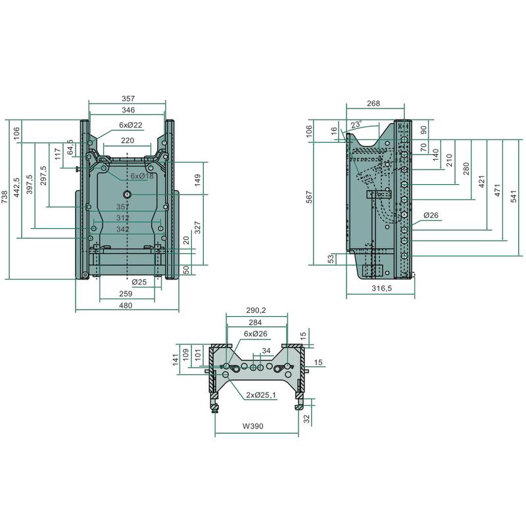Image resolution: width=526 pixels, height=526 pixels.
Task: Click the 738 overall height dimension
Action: pyautogui.click(x=5, y=197)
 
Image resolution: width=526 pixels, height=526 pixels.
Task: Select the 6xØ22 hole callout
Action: pyautogui.click(x=131, y=125)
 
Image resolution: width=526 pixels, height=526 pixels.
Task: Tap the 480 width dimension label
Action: pyautogui.click(x=126, y=306)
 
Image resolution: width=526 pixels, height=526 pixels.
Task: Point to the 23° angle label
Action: pyautogui.click(x=356, y=125)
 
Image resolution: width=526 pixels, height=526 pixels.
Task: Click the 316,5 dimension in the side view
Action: pyautogui.click(x=382, y=288)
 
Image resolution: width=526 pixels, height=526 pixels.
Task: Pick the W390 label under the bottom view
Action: pyautogui.click(x=253, y=426)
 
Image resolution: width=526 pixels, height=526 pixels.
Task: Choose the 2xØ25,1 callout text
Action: pyautogui.click(x=261, y=395)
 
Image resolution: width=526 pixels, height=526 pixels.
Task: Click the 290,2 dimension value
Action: pyautogui.click(x=256, y=310)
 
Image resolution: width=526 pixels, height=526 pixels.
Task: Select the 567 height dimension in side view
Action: pyautogui.click(x=309, y=197)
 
